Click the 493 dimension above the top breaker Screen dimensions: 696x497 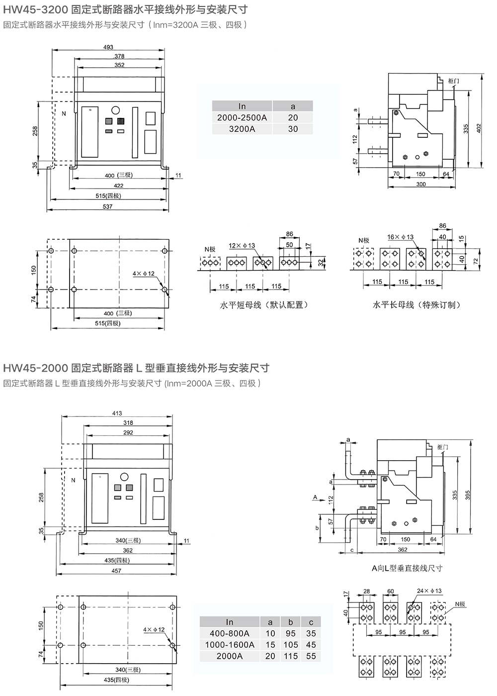tap(108, 47)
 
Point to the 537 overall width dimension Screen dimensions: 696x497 tap(107, 206)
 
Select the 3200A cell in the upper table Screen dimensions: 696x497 tap(242, 129)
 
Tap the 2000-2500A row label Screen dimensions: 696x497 tap(242, 117)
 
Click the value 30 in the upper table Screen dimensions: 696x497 tap(293, 129)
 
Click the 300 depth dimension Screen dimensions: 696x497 tap(421, 184)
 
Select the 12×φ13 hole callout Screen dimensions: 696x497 tap(242, 246)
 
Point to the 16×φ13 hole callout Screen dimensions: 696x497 tap(401, 237)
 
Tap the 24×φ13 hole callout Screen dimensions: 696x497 tap(429, 591)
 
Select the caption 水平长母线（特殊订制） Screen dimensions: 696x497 tap(416, 305)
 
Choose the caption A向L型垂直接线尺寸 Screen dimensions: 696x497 tap(407, 568)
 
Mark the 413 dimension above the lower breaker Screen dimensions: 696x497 tap(117, 413)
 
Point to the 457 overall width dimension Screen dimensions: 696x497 tap(116, 571)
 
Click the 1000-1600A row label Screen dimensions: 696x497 tap(229, 645)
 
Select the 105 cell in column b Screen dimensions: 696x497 tap(291, 645)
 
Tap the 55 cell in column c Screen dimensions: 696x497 tap(311, 656)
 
